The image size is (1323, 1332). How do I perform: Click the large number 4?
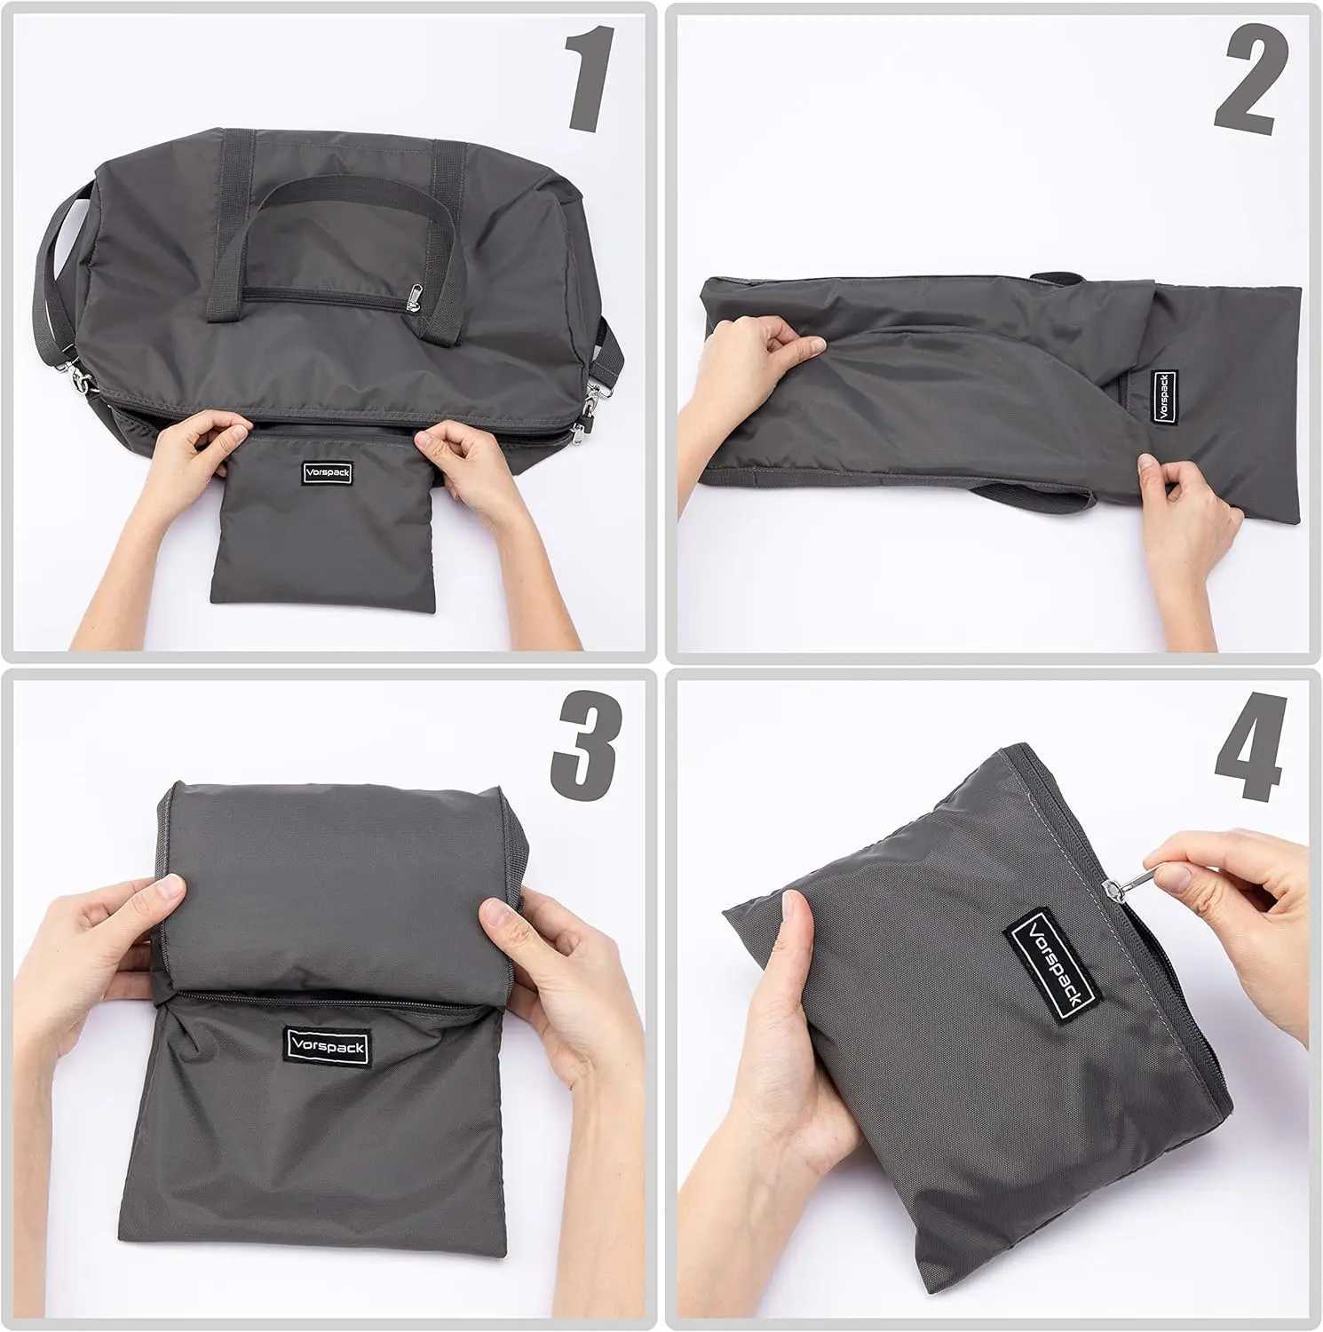(1250, 750)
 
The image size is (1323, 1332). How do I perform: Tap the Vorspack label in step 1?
(327, 473)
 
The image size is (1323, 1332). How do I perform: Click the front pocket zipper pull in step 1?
(415, 297)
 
